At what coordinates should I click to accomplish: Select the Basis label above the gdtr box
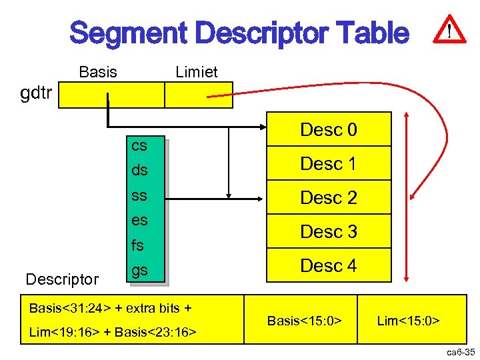coord(97,71)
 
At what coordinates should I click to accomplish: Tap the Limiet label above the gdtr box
coord(196,72)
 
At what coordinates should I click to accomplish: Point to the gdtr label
coord(36,93)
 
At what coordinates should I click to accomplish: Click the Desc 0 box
coord(329,129)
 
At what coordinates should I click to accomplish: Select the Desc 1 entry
coord(329,163)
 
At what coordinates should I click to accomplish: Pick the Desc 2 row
coord(329,197)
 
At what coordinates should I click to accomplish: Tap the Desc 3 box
coord(329,231)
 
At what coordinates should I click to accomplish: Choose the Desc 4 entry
coord(329,265)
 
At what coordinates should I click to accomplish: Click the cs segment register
coord(139,145)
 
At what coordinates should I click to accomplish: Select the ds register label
coord(139,170)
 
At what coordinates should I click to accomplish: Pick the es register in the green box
coord(139,220)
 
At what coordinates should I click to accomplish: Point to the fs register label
coord(137,245)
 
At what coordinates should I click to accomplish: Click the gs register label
coord(139,270)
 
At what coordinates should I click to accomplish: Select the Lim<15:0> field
coord(408,321)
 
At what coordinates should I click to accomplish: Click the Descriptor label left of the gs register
coord(62,279)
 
